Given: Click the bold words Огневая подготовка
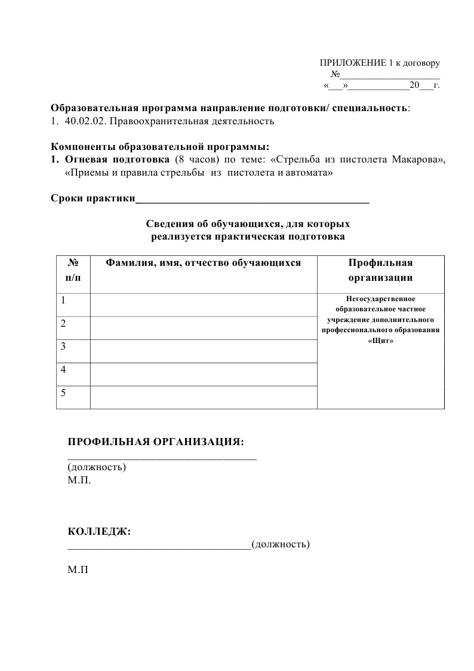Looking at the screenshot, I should point(117,160).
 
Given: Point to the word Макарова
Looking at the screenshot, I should point(418,160).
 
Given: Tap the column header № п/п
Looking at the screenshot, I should point(73,270).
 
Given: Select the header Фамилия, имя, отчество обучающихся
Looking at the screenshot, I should point(203,263).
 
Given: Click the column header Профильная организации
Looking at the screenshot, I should point(380,270).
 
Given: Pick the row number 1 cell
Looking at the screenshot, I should point(73,305).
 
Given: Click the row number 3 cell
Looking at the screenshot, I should point(73,351).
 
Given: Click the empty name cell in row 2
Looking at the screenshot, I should point(203,328).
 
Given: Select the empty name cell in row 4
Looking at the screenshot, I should point(203,375).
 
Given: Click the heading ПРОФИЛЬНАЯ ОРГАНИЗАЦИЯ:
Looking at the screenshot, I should point(156,442).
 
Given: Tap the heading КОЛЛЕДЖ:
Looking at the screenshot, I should point(99,531).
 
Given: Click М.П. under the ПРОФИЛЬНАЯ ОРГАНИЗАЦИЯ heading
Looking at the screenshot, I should point(80,480).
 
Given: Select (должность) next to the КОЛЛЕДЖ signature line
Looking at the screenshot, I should point(281,544).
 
